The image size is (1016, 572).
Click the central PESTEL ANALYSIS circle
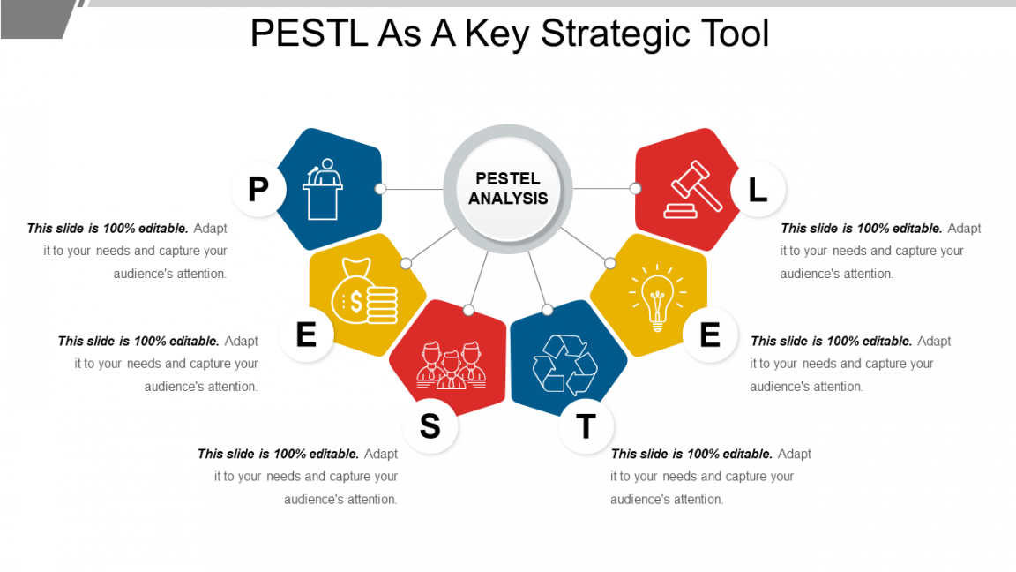pyautogui.click(x=508, y=189)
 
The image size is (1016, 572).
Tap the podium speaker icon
pyautogui.click(x=323, y=190)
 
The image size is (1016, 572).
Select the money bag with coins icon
pyautogui.click(x=364, y=292)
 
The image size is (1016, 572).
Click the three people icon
pyautogui.click(x=451, y=365)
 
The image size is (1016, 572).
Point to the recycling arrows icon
pyautogui.click(x=565, y=365)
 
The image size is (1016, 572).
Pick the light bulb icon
pyautogui.click(x=657, y=297)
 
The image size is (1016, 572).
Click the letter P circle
pyautogui.click(x=258, y=189)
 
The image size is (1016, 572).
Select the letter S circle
pyautogui.click(x=430, y=426)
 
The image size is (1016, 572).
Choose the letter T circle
pyautogui.click(x=586, y=426)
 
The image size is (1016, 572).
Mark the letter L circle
pyautogui.click(x=758, y=189)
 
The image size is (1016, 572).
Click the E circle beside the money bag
pyautogui.click(x=307, y=335)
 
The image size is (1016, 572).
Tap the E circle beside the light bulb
pyautogui.click(x=710, y=335)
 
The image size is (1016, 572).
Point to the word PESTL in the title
pyautogui.click(x=309, y=33)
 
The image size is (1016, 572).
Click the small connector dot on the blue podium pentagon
pyautogui.click(x=381, y=189)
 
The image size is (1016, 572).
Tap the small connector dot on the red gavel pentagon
pyautogui.click(x=636, y=189)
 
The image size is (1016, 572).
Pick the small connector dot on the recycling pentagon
pyautogui.click(x=548, y=310)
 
